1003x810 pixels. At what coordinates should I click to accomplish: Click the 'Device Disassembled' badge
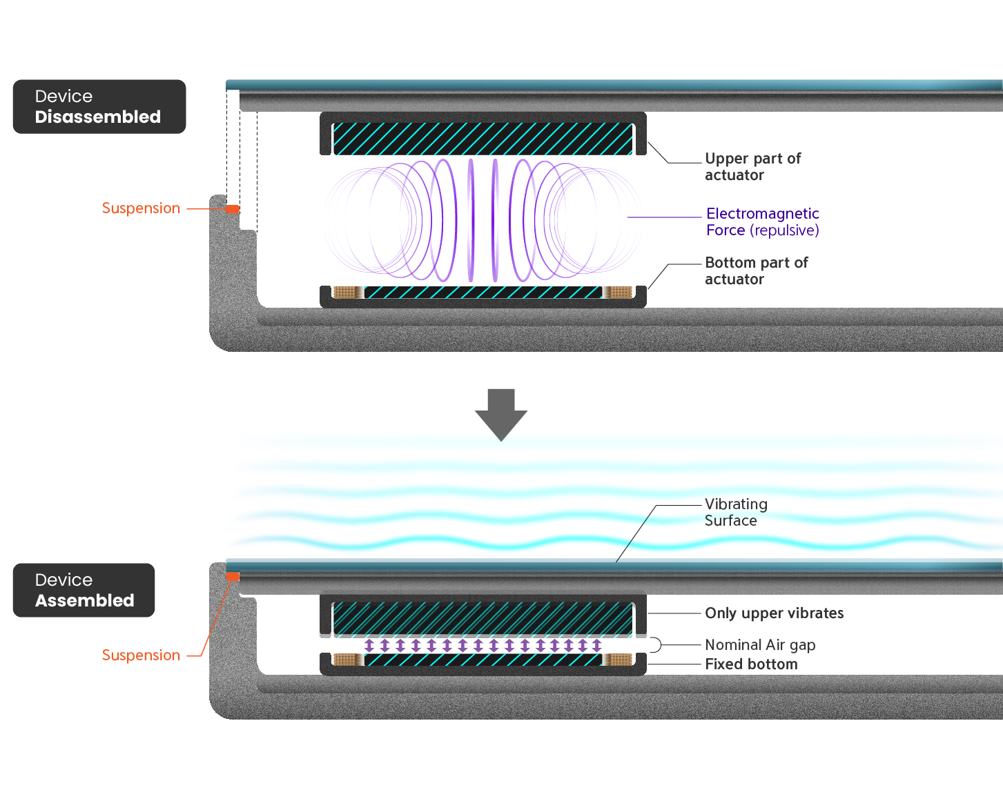(x=99, y=107)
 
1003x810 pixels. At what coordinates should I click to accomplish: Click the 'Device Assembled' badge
(x=84, y=591)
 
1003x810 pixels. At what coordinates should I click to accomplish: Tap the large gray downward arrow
(x=501, y=414)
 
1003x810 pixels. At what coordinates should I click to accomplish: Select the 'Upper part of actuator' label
(x=752, y=167)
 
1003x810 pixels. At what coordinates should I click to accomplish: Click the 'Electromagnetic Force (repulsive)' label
(x=762, y=222)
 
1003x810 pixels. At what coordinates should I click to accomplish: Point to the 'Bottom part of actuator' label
(x=756, y=271)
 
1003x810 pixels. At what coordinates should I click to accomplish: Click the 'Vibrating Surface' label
(x=735, y=513)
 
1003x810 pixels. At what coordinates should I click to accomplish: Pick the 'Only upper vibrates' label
(x=774, y=613)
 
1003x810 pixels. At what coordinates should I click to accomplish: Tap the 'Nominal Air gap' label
(x=759, y=645)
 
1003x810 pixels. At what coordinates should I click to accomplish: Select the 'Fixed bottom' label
(x=751, y=664)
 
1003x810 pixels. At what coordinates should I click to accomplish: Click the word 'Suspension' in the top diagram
(x=141, y=208)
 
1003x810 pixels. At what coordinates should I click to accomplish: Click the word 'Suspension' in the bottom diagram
(x=141, y=655)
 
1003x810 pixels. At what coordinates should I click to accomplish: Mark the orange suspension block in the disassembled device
(x=233, y=209)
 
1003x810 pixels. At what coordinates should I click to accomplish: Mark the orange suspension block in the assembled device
(x=233, y=577)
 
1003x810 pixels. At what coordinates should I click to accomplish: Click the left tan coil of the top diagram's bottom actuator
(x=345, y=293)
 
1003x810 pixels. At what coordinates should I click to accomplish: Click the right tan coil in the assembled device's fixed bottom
(x=619, y=660)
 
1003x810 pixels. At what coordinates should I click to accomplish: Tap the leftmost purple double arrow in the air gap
(x=369, y=646)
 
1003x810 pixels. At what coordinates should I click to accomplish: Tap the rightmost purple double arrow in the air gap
(x=596, y=646)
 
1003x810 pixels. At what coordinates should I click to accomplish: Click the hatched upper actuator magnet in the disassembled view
(x=483, y=139)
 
